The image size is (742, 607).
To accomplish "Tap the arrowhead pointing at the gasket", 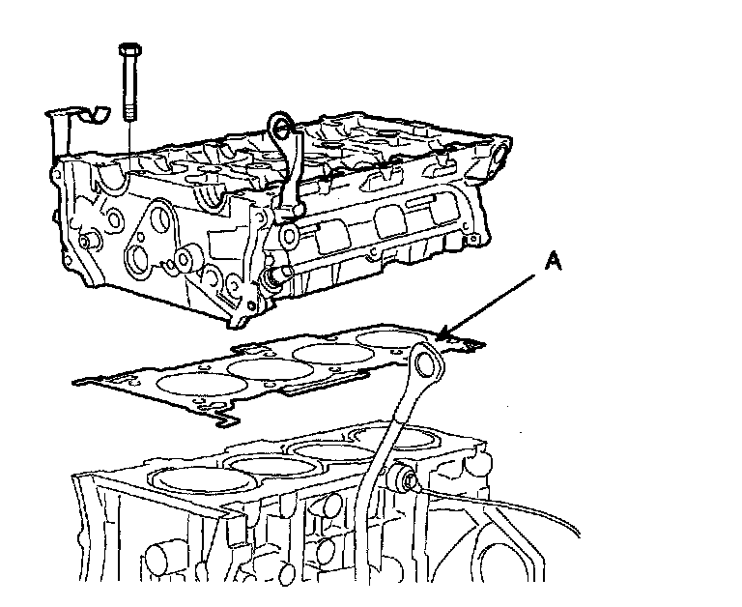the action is [443, 334].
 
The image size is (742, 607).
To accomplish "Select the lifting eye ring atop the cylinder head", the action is [281, 124].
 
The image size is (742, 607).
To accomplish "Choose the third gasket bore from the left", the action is [328, 352].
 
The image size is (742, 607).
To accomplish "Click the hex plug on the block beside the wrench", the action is [405, 477].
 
